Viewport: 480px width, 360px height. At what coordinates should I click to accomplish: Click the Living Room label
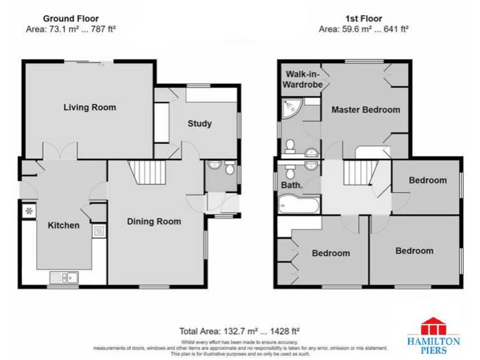(90, 107)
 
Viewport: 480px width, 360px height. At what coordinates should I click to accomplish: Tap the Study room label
(200, 124)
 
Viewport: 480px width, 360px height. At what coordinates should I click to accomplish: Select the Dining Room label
(154, 221)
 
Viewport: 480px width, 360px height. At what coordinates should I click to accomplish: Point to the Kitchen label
(64, 225)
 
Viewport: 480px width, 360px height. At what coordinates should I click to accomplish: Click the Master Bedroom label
(366, 110)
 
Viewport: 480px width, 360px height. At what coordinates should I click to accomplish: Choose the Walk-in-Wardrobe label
(303, 79)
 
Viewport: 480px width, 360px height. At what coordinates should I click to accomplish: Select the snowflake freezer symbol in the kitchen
(29, 211)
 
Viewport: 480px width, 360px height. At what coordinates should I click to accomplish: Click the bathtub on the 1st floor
(299, 203)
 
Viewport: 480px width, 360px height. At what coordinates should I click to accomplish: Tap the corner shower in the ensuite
(291, 109)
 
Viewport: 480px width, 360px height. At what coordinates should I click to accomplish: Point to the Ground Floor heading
(71, 19)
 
